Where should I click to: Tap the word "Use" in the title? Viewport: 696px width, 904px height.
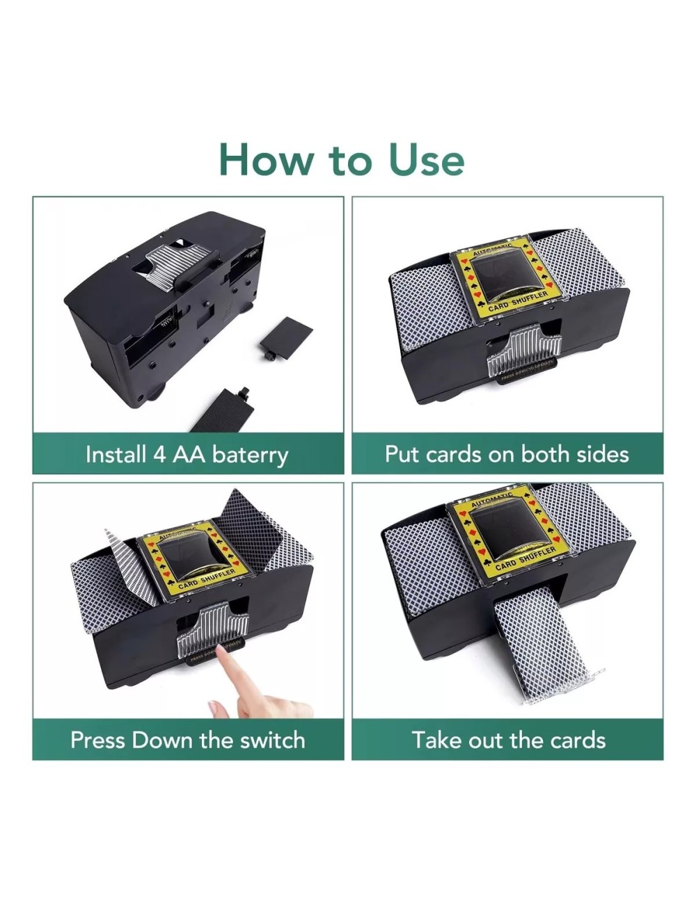click(427, 159)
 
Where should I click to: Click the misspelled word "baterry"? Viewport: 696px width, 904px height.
click(250, 455)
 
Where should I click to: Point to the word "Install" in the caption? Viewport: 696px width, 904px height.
click(116, 455)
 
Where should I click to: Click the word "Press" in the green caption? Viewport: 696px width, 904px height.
click(98, 740)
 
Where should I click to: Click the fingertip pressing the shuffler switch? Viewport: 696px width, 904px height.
click(221, 651)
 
